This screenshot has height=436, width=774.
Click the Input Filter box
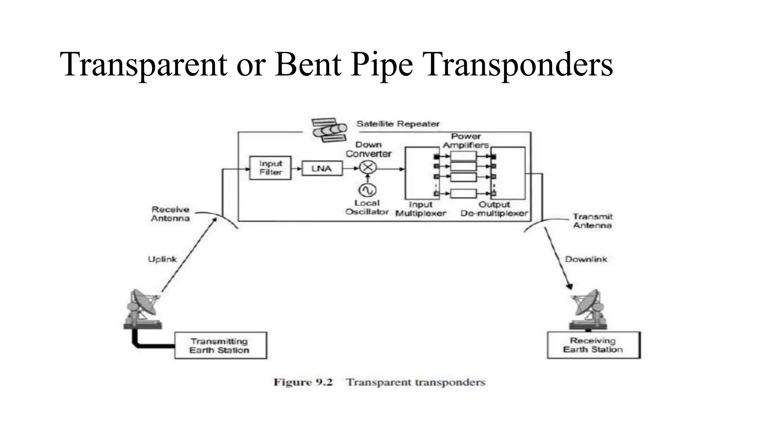[x=270, y=168]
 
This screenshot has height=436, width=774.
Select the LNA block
[x=322, y=168]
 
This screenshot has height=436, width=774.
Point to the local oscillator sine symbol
[x=367, y=190]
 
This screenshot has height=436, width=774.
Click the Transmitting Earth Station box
[x=220, y=346]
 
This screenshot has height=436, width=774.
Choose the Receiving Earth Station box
[x=593, y=345]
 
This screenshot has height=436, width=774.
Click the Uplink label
[x=162, y=259]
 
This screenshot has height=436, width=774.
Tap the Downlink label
[x=586, y=259]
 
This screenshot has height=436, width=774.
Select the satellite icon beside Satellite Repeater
[x=329, y=130]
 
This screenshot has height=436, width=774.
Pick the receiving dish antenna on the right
[x=589, y=308]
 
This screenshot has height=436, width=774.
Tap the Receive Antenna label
[x=170, y=214]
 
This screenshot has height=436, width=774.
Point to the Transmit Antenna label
[x=592, y=221]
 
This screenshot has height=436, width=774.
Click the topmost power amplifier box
[x=463, y=156]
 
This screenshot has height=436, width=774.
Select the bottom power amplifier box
[x=463, y=193]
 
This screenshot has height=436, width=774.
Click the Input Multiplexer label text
[x=421, y=209]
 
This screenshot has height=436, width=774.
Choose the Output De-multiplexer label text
[x=494, y=209]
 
